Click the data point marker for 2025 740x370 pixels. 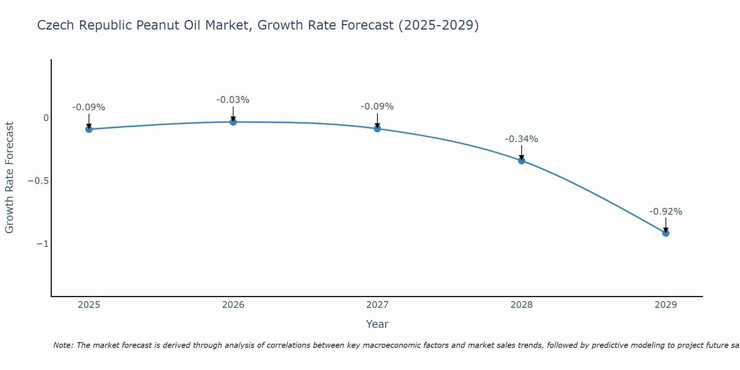click(89, 129)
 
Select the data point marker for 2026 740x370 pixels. click(233, 122)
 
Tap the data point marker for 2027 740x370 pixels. click(377, 129)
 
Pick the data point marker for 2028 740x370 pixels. click(522, 161)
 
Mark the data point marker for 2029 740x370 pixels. click(666, 233)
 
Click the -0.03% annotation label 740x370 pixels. click(233, 100)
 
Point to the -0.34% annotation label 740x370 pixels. click(521, 139)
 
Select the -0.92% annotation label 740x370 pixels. click(666, 212)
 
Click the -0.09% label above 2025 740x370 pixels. click(88, 107)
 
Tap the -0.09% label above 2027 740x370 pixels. click(377, 107)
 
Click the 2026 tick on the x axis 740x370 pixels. click(233, 305)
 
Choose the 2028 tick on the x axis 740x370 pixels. click(522, 305)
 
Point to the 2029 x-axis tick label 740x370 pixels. click(666, 305)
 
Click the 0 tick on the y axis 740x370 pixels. click(46, 118)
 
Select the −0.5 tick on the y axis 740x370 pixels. click(38, 181)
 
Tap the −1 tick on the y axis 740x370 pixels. click(43, 244)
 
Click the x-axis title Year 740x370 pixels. click(377, 324)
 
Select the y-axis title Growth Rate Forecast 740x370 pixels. click(9, 178)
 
